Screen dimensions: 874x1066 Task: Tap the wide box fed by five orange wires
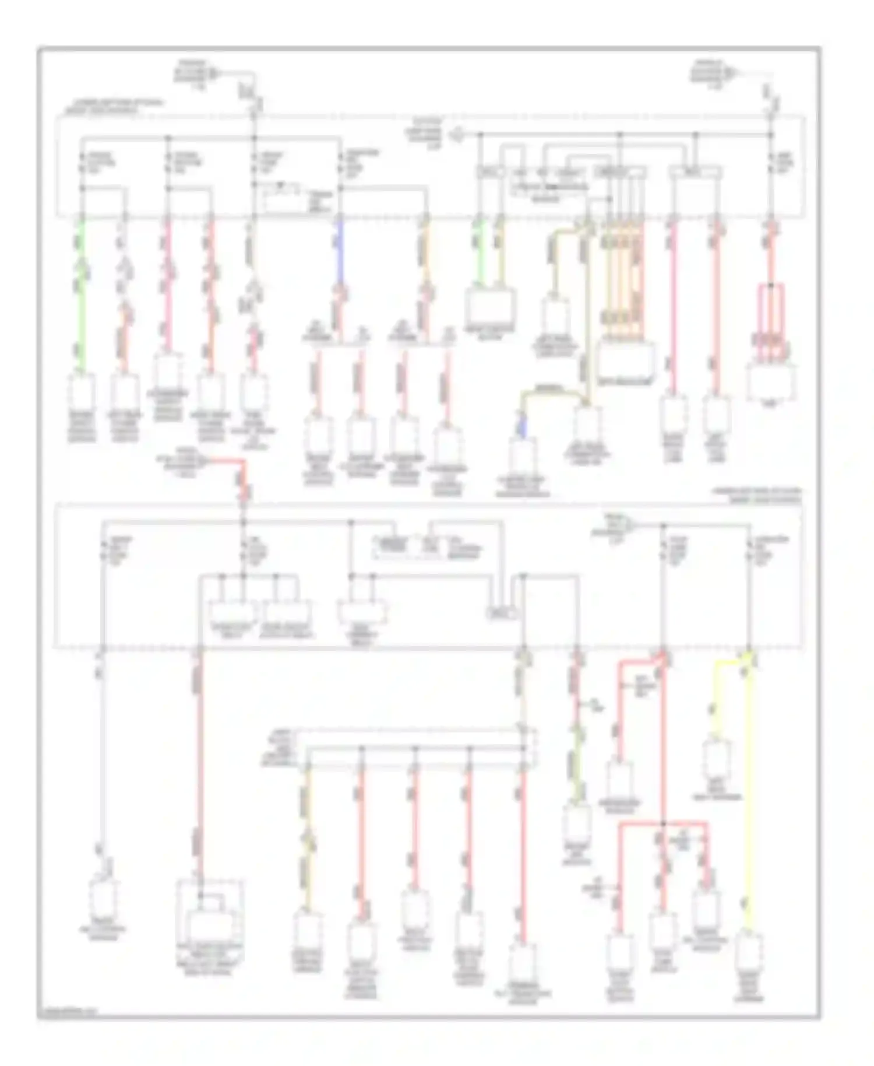point(626,359)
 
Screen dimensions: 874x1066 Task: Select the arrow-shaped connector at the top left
point(212,73)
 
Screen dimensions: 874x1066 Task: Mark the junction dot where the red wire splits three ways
point(663,825)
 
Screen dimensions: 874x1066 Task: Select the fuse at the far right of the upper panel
point(771,166)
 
